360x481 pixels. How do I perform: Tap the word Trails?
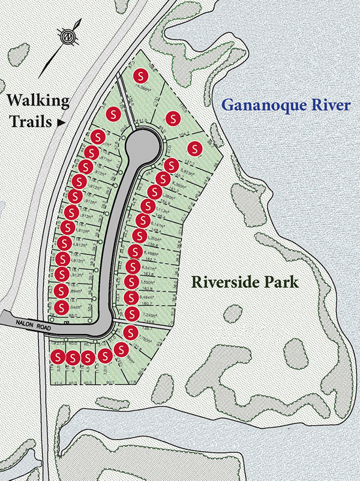[28, 122]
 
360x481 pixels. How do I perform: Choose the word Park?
[281, 281]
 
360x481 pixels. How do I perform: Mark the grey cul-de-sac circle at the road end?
[143, 146]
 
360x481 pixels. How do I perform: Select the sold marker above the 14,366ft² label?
[141, 76]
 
